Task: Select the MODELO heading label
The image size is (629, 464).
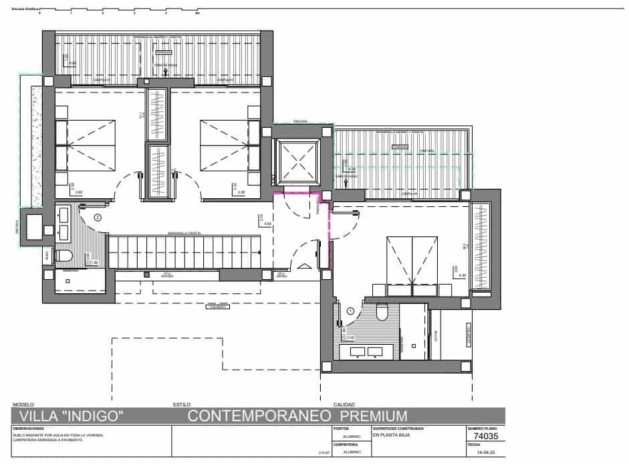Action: point(23,404)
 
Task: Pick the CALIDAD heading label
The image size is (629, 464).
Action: point(344,404)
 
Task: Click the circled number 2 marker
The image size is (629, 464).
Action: point(98,217)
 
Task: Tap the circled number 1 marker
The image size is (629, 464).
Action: point(350,311)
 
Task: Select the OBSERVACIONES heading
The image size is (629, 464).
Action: point(28,429)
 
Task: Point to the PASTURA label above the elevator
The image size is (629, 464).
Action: point(300,122)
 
